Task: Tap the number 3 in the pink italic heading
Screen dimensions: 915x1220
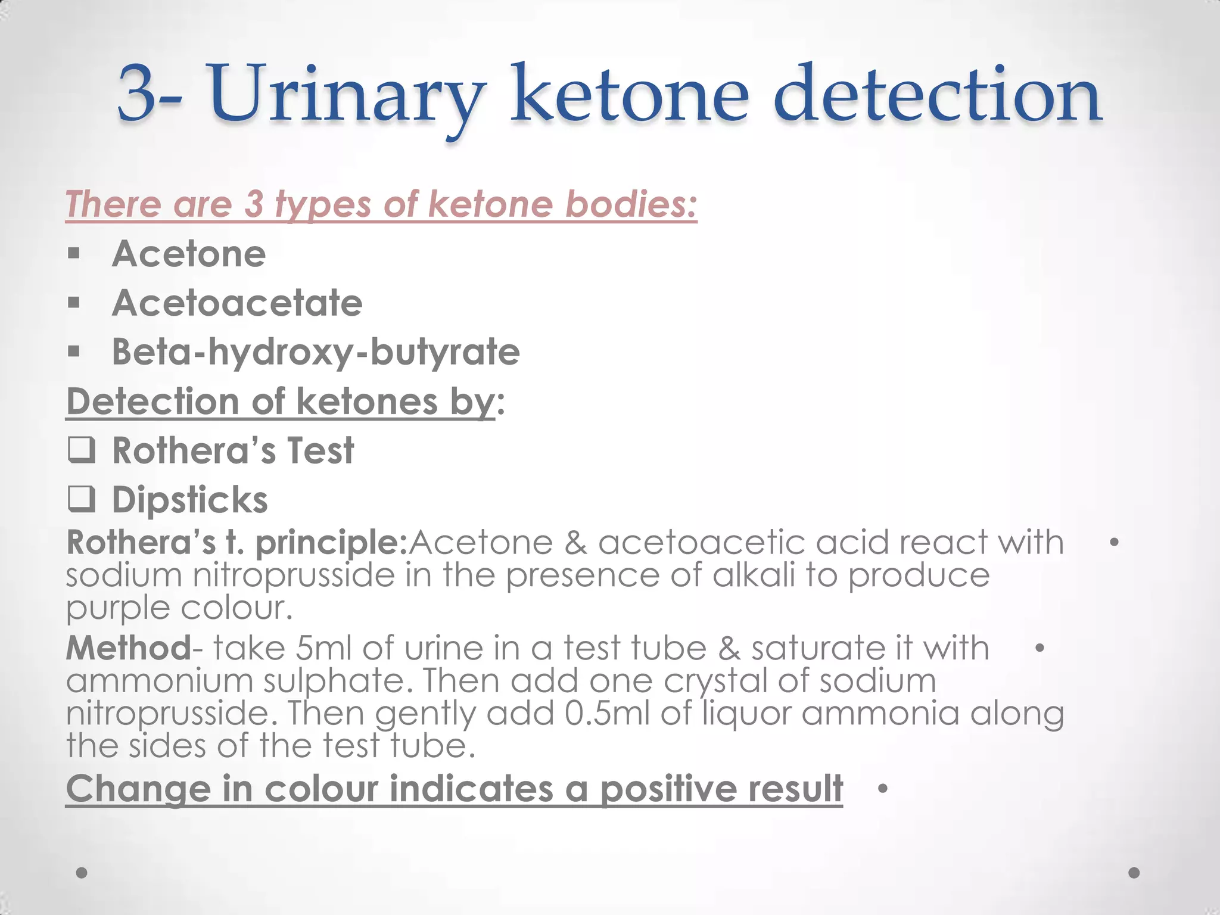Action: click(x=254, y=204)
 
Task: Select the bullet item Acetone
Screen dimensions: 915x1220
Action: click(x=189, y=254)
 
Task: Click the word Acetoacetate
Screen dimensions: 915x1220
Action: click(x=237, y=303)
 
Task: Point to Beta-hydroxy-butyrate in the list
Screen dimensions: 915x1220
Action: click(x=316, y=351)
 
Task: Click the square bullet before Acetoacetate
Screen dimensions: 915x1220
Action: click(x=74, y=303)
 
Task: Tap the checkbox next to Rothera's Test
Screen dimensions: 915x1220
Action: click(x=81, y=450)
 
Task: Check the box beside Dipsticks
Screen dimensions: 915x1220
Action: click(x=81, y=499)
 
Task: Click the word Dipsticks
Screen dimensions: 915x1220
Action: click(x=190, y=499)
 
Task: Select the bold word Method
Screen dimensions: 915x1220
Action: click(x=127, y=648)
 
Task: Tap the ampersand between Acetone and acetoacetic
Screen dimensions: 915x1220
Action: click(x=575, y=543)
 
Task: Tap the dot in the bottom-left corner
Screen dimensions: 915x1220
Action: click(x=82, y=873)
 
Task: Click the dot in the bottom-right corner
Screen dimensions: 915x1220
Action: click(x=1134, y=873)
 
